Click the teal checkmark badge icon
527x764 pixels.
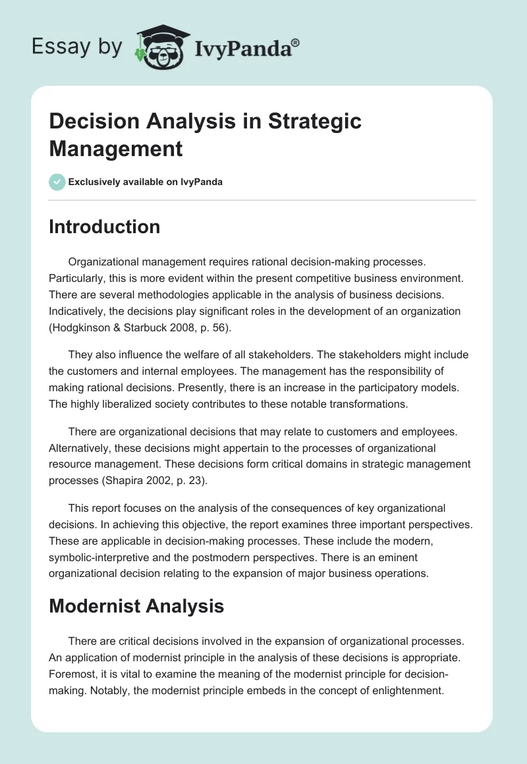57,182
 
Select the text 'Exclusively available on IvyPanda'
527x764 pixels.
146,182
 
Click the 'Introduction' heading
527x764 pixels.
105,227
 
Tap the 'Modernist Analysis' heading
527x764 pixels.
136,605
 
